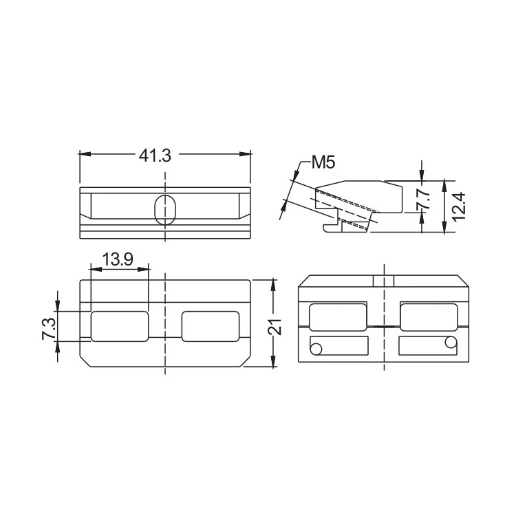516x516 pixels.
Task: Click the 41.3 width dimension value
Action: (x=155, y=155)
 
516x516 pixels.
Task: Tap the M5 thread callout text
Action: (x=323, y=162)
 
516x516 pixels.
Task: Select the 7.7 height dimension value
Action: (x=424, y=199)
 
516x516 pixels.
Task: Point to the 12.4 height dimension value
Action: (x=459, y=206)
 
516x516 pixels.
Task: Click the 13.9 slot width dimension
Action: (x=118, y=259)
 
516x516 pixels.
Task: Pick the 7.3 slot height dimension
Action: (x=50, y=328)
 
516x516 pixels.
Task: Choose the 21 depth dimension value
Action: (x=275, y=326)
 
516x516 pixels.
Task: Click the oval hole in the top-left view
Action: (x=165, y=210)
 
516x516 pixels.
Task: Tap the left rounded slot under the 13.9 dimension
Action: (x=120, y=326)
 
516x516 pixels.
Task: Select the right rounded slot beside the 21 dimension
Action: (x=211, y=326)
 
